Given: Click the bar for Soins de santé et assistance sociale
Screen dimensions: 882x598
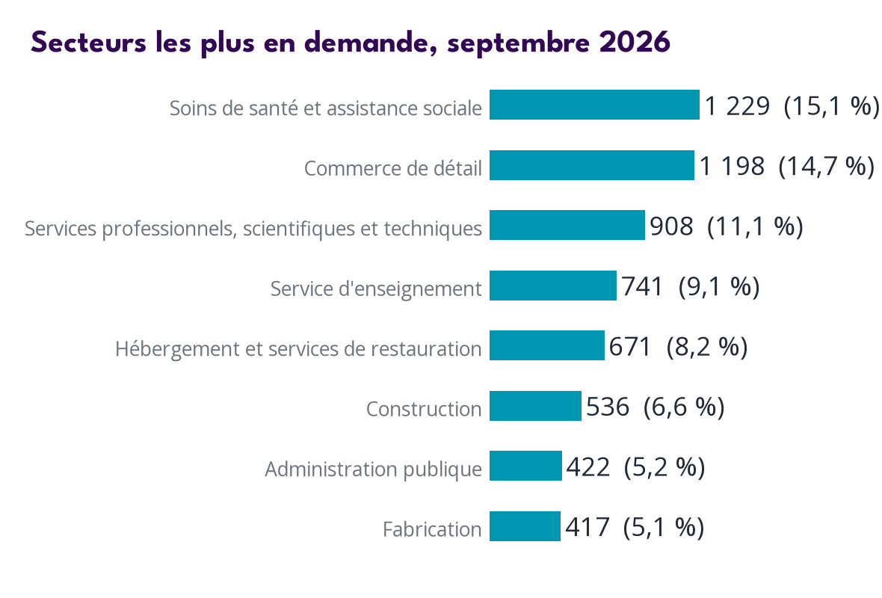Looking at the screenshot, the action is [594, 105].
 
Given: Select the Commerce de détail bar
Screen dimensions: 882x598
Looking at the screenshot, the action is [592, 165].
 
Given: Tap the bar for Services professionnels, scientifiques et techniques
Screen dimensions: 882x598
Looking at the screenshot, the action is [567, 225].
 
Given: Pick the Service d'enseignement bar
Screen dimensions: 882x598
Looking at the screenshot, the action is [553, 286].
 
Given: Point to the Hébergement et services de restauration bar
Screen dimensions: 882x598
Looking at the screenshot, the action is [546, 345].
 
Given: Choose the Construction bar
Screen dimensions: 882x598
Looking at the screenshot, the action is [535, 406].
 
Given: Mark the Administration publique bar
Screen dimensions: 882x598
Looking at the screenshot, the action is [525, 466].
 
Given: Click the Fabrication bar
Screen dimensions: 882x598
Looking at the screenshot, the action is [525, 526].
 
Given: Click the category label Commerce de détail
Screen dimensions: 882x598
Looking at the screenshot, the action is [393, 168].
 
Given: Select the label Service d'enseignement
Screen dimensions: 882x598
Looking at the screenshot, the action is [376, 289].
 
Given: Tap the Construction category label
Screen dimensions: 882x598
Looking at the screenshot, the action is [424, 409].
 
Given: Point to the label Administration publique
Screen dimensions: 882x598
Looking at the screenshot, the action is [374, 469].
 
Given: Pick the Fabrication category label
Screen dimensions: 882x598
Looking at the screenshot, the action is [432, 529].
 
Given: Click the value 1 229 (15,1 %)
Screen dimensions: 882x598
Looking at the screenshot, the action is [792, 105].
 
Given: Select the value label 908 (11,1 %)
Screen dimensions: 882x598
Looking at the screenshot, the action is [727, 226].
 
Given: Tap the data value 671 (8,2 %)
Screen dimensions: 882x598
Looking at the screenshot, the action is [679, 347].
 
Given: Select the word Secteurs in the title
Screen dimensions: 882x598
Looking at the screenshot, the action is [88, 42].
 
